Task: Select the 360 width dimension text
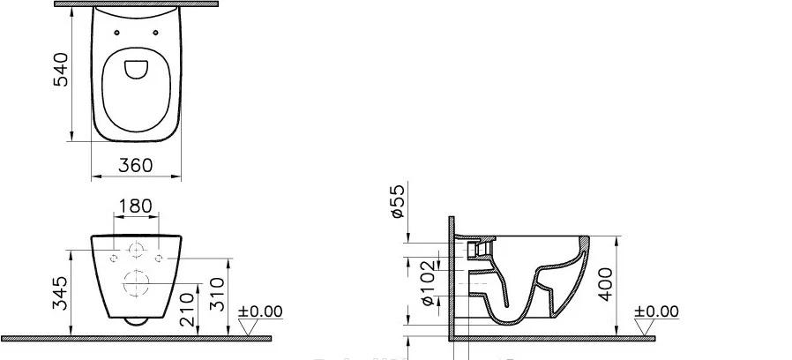(136, 165)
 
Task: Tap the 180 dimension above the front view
(136, 206)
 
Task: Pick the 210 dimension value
(187, 307)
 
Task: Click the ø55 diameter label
(396, 201)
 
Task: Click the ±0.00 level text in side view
(656, 311)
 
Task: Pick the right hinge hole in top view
(155, 33)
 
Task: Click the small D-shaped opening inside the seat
(137, 68)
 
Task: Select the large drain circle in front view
(136, 284)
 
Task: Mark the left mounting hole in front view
(114, 259)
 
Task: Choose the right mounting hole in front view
(158, 259)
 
